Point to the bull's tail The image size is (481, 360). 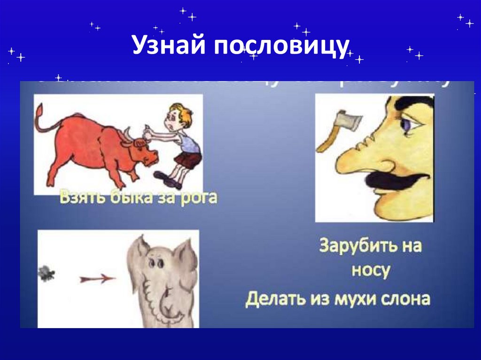pyautogui.click(x=45, y=120)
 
